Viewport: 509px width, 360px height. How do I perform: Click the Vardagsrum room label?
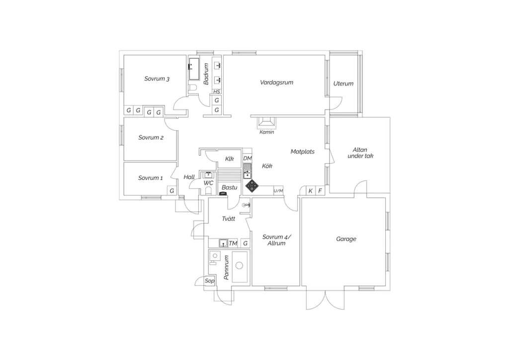pyautogui.click(x=276, y=83)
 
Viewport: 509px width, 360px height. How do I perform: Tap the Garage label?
pyautogui.click(x=346, y=239)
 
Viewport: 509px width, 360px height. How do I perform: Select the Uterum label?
pyautogui.click(x=343, y=84)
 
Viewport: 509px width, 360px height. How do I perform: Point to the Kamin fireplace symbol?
pyautogui.click(x=266, y=122)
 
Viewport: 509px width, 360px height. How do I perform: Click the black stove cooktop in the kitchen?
pyautogui.click(x=252, y=186)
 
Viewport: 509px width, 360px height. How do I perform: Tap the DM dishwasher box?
pyautogui.click(x=248, y=159)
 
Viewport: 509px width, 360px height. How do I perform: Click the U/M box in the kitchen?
pyautogui.click(x=278, y=191)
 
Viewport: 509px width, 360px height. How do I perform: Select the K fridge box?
pyautogui.click(x=311, y=191)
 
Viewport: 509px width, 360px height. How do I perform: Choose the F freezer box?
pyautogui.click(x=320, y=191)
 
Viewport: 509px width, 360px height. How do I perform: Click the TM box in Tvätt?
pyautogui.click(x=233, y=243)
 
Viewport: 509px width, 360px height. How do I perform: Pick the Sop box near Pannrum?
pyautogui.click(x=209, y=281)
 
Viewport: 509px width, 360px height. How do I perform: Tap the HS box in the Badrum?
pyautogui.click(x=217, y=91)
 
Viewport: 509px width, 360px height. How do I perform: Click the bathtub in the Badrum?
pyautogui.click(x=194, y=69)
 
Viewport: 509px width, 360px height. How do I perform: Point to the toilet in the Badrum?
pyautogui.click(x=193, y=88)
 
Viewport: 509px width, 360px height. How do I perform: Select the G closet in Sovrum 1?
pyautogui.click(x=171, y=191)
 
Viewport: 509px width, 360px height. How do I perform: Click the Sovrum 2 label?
pyautogui.click(x=151, y=138)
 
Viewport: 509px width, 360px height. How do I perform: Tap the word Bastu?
pyautogui.click(x=229, y=187)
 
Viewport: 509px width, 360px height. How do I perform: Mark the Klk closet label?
pyautogui.click(x=230, y=159)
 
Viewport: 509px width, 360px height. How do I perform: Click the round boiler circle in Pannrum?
pyautogui.click(x=239, y=266)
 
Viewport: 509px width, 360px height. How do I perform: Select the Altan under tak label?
pyautogui.click(x=360, y=153)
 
